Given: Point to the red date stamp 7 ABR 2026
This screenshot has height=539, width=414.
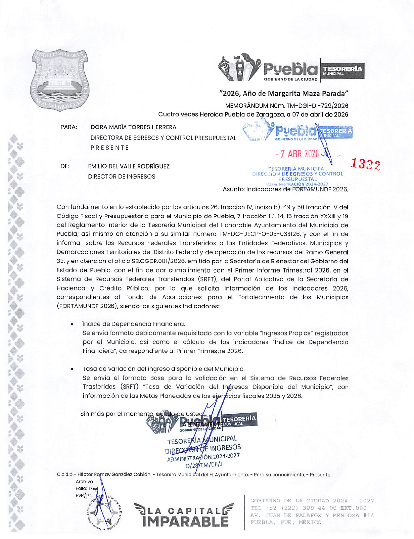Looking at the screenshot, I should click(297, 154).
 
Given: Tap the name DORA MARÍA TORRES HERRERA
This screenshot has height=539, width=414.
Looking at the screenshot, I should click(133, 127).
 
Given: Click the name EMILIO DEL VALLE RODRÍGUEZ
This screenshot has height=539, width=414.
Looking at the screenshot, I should click(129, 166).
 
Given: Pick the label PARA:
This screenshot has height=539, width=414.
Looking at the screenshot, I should click(68, 127).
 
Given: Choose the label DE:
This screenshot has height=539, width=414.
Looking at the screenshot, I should click(65, 166).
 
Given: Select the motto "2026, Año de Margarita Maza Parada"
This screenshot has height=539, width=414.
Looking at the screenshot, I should click(284, 93).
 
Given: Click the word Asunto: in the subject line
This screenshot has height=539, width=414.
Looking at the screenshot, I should click(233, 189).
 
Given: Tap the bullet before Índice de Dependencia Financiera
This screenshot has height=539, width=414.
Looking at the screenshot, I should click(72, 324).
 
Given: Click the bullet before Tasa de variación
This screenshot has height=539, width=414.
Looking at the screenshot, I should click(72, 369).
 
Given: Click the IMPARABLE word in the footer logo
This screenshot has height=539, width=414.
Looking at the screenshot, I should click(185, 521).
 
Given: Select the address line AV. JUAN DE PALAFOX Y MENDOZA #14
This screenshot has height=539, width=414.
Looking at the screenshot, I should click(312, 515).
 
